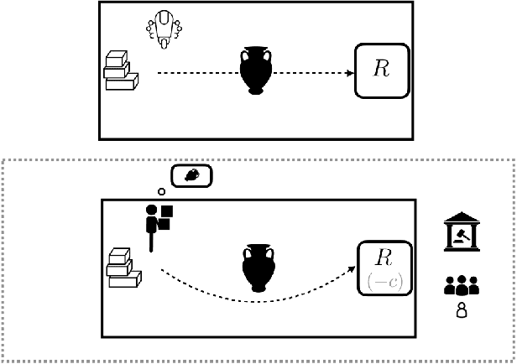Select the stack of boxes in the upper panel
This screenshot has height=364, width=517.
121,70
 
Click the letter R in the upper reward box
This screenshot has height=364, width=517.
382,70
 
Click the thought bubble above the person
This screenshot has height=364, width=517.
191,176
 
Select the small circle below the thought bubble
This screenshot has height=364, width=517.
161,191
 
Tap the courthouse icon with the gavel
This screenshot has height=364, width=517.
461,233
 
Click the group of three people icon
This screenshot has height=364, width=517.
461,285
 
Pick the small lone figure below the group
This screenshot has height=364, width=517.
461,312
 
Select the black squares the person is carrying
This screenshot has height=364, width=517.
166,217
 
